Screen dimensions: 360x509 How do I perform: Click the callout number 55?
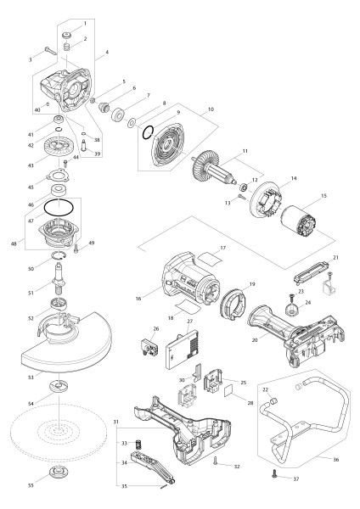click(x=31, y=485)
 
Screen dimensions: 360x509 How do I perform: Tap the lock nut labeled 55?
click(x=58, y=472)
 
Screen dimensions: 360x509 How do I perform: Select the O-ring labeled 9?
click(x=148, y=131)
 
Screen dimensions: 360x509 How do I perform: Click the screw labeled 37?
click(x=275, y=473)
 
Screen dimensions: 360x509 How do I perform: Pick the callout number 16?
click(x=138, y=299)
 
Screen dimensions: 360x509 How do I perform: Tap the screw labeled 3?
click(x=51, y=51)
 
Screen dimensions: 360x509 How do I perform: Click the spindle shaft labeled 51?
click(x=59, y=276)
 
